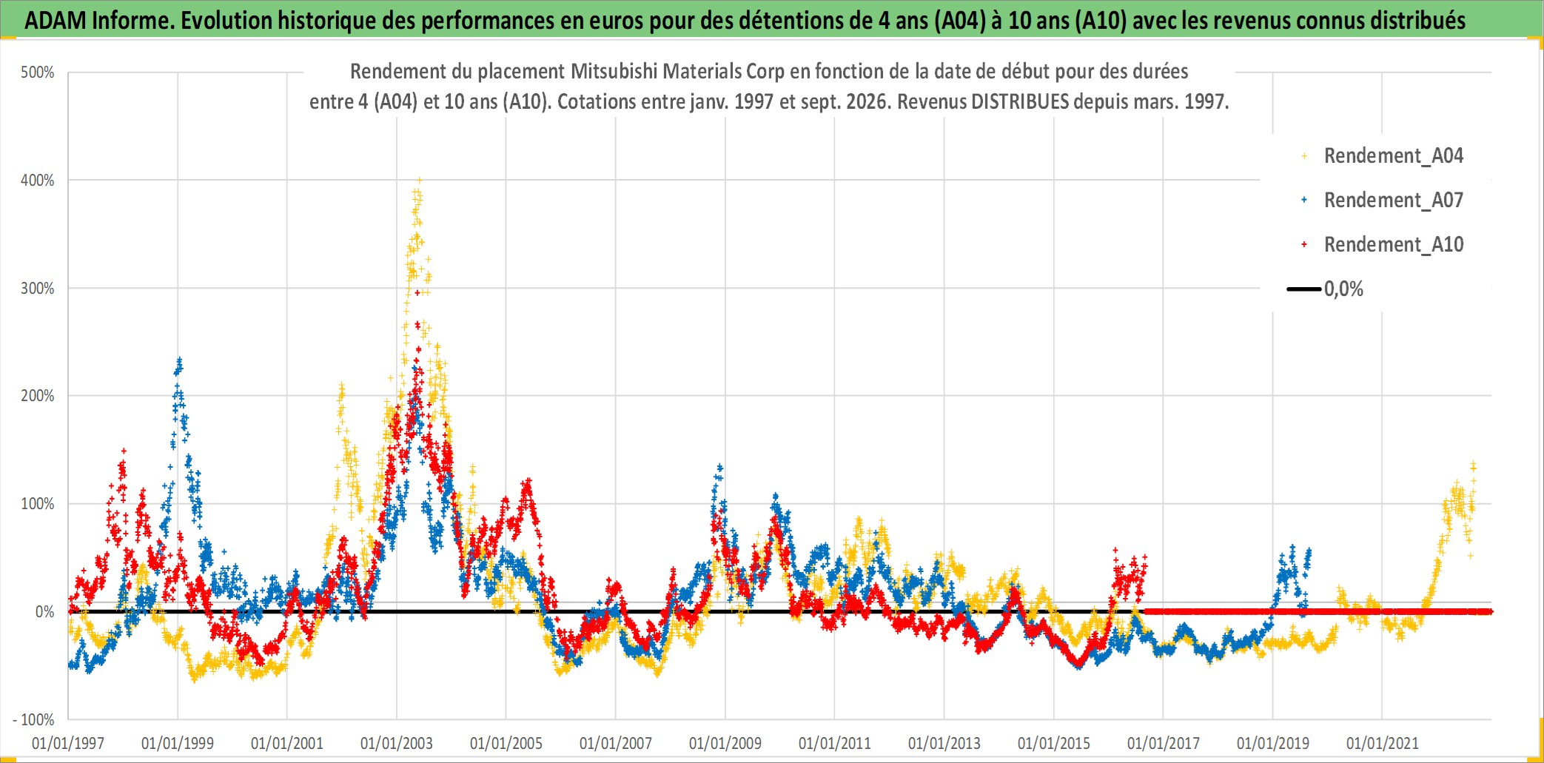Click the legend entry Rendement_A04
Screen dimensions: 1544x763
(1393, 156)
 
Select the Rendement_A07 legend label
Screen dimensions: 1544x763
(1393, 201)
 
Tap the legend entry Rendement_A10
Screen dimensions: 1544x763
(1393, 245)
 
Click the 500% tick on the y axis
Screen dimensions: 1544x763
(38, 73)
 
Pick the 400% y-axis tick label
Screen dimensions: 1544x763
(38, 181)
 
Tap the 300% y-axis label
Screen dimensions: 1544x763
(38, 289)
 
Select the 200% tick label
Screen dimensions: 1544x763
(38, 396)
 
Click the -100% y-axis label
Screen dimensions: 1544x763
(33, 719)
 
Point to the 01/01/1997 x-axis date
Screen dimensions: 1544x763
(68, 743)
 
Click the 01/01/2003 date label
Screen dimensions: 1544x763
(397, 743)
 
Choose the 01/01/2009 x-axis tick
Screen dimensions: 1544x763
(725, 743)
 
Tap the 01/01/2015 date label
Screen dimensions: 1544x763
(1054, 743)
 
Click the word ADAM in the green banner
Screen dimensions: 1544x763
(56, 21)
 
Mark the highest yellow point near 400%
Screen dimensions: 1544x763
(419, 180)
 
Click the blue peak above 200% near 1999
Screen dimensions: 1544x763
(179, 360)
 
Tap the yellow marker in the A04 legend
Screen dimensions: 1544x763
(1304, 156)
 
